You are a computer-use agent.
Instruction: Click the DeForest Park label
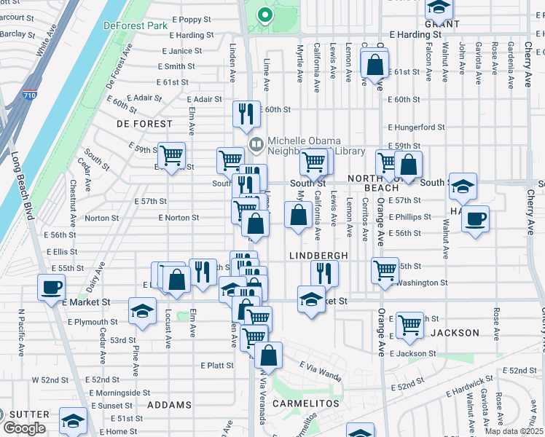point(136,25)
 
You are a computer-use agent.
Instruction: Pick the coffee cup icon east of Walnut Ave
point(475,219)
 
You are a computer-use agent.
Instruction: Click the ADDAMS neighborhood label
point(169,404)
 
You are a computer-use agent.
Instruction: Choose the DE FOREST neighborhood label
point(144,125)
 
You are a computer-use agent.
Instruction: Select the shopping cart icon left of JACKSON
point(410,323)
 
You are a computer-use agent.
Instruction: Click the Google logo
point(24,428)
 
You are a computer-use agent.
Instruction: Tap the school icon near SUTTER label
point(73,421)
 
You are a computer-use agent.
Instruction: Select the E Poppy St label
point(190,20)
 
